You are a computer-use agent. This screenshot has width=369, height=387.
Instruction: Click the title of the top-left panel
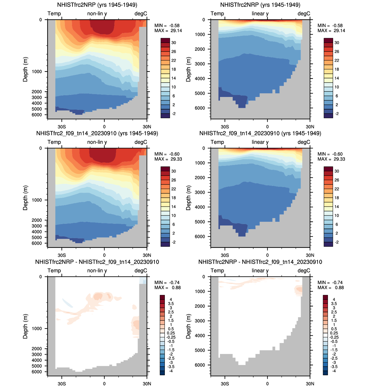97,5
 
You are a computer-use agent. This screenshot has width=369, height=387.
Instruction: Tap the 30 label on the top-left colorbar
174,43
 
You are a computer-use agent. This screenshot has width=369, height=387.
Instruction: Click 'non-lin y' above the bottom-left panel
97,271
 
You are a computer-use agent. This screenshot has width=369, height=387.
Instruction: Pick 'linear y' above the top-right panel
260,13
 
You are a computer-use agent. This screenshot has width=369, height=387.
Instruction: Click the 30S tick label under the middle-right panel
225,255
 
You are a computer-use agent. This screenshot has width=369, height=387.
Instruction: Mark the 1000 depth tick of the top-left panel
37,72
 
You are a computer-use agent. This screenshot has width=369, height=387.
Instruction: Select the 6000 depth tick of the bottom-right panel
200,365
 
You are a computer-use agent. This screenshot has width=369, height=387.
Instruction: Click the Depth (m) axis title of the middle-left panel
26,198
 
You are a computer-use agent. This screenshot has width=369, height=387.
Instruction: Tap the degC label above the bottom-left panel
141,271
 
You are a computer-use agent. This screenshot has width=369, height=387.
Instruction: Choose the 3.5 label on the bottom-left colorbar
171,304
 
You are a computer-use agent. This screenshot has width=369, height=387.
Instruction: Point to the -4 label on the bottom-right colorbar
334,371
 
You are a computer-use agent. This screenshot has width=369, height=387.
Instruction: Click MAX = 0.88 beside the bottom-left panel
168,288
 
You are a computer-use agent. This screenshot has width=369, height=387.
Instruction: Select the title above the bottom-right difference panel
260,262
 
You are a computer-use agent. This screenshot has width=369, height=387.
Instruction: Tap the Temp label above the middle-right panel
217,142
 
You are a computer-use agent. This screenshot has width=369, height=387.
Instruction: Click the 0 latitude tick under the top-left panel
104,127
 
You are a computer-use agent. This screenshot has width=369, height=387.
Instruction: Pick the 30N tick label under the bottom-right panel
310,384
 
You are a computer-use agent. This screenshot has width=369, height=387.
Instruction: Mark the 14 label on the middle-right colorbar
337,207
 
